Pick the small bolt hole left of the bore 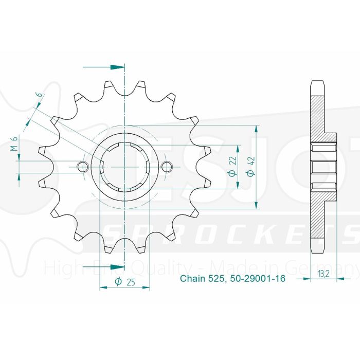(82, 167)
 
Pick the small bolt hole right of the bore (167, 167)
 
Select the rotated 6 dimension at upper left (38, 97)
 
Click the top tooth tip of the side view (318, 82)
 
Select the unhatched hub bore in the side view (325, 167)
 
